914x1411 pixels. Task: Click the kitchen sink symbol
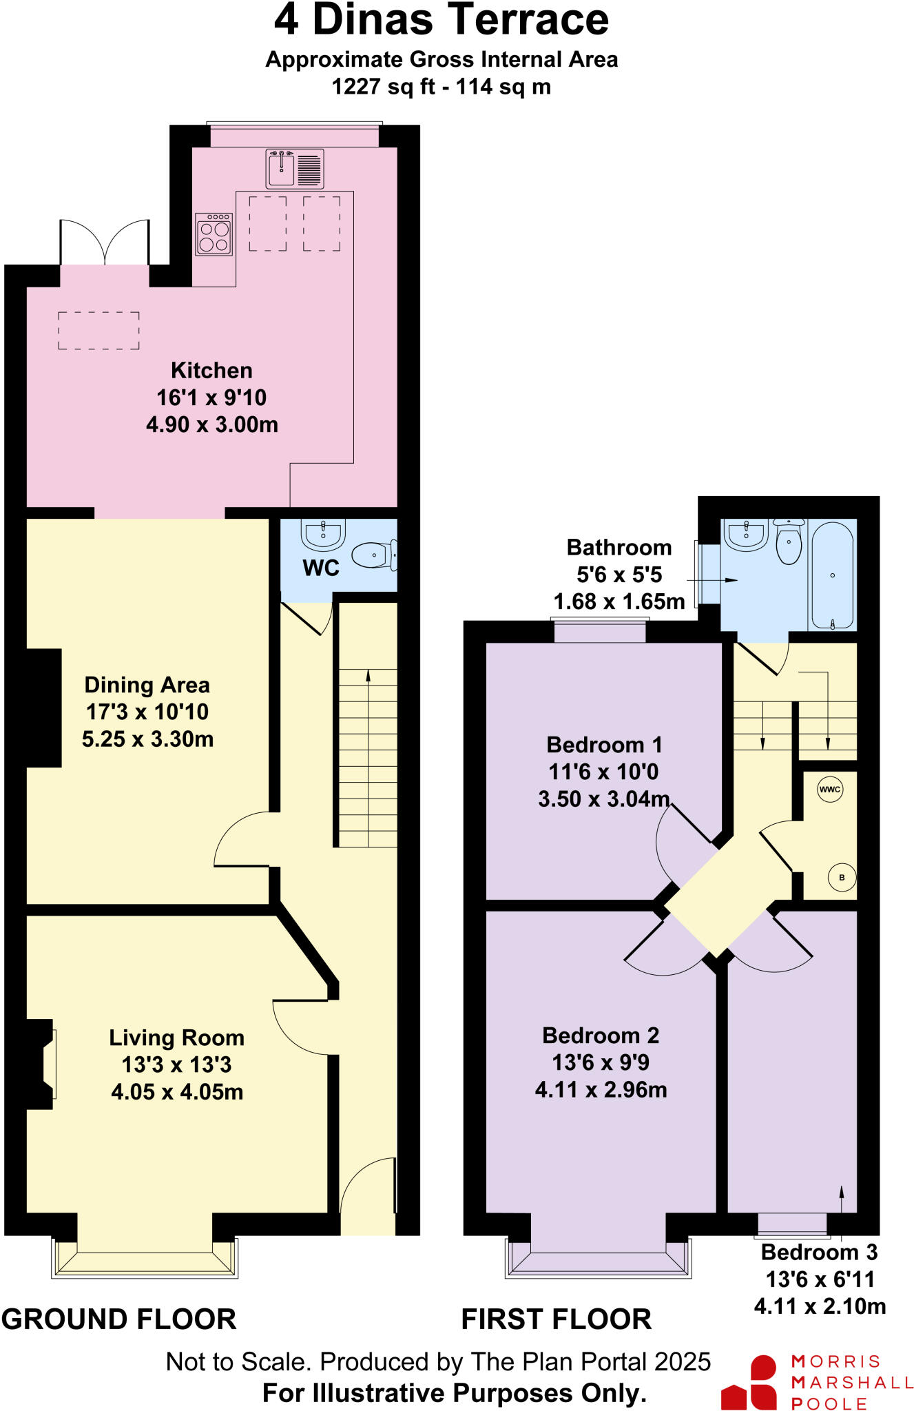(x=295, y=169)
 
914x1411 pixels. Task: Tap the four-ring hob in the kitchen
(x=214, y=235)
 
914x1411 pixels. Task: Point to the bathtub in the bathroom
(x=832, y=576)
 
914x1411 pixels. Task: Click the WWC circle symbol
(x=829, y=790)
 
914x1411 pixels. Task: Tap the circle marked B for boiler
(x=842, y=877)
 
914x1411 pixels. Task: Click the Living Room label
(x=176, y=1038)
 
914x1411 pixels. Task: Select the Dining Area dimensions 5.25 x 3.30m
(x=147, y=739)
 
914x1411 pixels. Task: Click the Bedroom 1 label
(x=604, y=745)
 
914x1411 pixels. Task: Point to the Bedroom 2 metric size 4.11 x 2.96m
(x=601, y=1089)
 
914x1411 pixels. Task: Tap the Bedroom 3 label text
(x=819, y=1252)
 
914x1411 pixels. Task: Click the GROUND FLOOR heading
(x=118, y=1319)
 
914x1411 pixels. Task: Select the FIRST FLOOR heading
(x=556, y=1319)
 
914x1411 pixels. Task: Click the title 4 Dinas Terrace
(x=441, y=20)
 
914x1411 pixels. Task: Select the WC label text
(x=320, y=568)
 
